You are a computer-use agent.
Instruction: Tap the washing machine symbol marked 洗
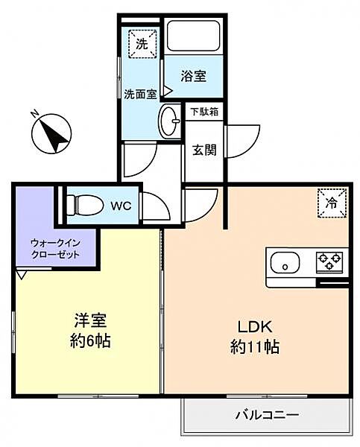142,42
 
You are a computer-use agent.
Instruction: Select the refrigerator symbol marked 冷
332,202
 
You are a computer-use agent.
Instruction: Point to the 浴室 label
194,76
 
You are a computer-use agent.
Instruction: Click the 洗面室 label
139,94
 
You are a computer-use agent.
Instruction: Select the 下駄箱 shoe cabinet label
203,112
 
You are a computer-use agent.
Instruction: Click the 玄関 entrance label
204,150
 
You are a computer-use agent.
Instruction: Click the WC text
121,205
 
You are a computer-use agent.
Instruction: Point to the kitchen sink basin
285,264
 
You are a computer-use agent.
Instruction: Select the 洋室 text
90,323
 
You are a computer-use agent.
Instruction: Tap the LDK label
256,326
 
